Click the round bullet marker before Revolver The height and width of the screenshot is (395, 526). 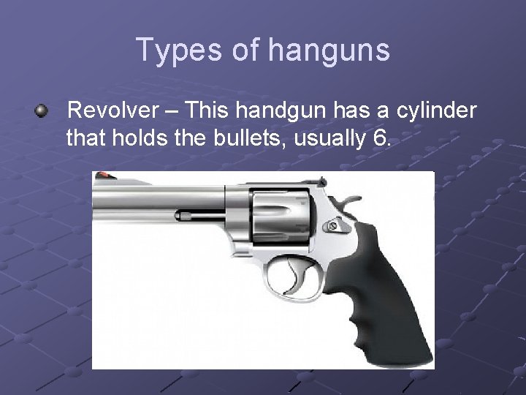(x=42, y=111)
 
